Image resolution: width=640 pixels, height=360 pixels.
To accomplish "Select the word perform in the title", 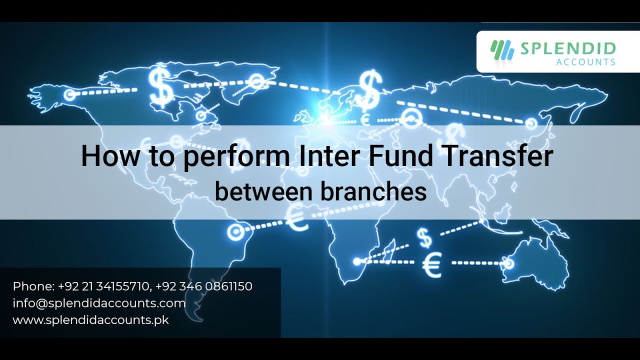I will [235, 156].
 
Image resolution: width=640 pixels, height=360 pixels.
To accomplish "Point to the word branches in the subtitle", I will [374, 192].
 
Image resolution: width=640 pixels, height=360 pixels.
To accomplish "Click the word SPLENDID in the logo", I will [568, 48].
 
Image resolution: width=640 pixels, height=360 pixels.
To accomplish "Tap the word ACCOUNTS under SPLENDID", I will [585, 62].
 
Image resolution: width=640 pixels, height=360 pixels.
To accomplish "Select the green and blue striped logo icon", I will [502, 50].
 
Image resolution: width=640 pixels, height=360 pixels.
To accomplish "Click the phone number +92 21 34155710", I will [104, 286].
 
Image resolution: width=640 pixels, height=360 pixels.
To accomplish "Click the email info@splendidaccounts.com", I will [99, 303].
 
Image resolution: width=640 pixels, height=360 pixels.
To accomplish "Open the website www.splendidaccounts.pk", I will [90, 320].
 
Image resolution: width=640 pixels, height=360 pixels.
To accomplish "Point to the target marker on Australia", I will [508, 262].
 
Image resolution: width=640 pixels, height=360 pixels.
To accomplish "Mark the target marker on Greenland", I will [256, 80].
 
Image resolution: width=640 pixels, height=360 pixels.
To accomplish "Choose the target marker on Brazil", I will [234, 231].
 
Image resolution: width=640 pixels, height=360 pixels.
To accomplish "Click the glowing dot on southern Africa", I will [356, 261].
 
